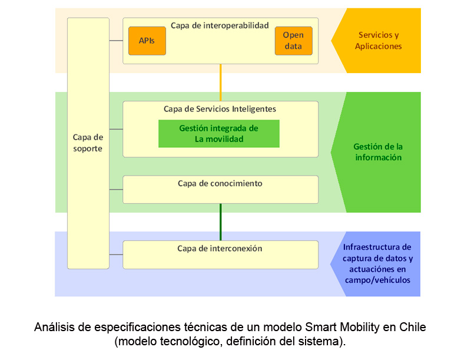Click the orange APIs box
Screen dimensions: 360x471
pyautogui.click(x=147, y=41)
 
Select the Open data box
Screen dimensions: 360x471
pyautogui.click(x=293, y=41)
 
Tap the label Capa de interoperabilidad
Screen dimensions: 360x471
pyautogui.click(x=220, y=25)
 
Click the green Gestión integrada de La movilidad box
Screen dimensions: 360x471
pyautogui.click(x=218, y=134)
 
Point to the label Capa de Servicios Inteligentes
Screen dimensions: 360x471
pyautogui.click(x=220, y=109)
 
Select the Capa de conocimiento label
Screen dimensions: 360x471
pyautogui.click(x=220, y=183)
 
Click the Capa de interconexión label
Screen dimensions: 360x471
pyautogui.click(x=220, y=249)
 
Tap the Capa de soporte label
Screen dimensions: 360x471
pyautogui.click(x=88, y=143)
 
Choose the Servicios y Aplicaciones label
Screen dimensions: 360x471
pyautogui.click(x=378, y=40)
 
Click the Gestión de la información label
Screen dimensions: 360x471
pyautogui.click(x=377, y=152)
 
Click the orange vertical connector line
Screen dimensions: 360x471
pyautogui.click(x=220, y=82)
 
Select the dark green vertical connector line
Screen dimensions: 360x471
pyautogui.click(x=220, y=222)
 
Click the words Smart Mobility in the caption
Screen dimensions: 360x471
pyautogui.click(x=340, y=327)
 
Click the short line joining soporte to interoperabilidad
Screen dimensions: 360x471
pyautogui.click(x=116, y=41)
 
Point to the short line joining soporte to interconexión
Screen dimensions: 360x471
pyautogui.click(x=116, y=255)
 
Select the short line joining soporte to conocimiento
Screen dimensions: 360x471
pyautogui.click(x=116, y=189)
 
